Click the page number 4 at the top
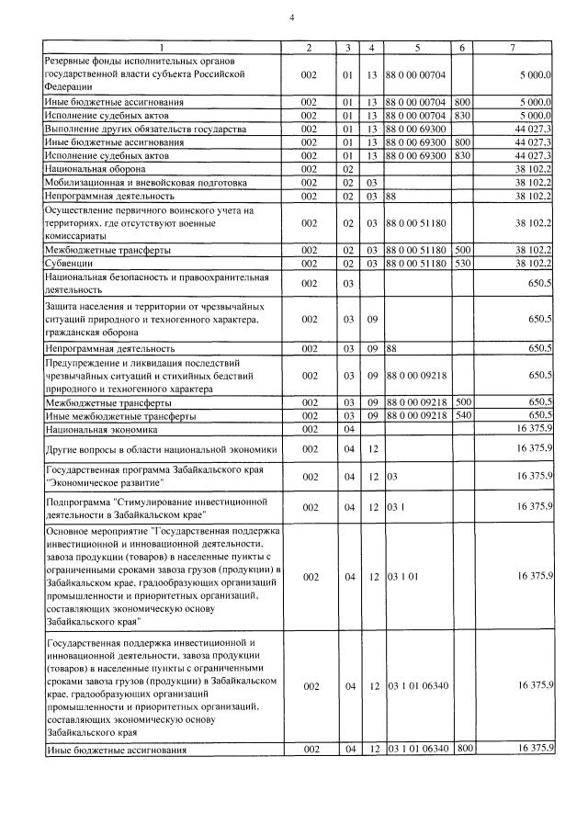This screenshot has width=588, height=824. tap(292, 17)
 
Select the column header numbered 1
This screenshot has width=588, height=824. tap(164, 47)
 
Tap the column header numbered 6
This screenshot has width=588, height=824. tap(462, 47)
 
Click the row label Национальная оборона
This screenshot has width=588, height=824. tap(95, 169)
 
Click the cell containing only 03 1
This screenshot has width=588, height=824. tap(395, 506)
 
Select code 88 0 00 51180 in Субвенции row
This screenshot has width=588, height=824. tap(416, 264)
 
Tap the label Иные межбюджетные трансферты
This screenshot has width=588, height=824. tap(120, 415)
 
